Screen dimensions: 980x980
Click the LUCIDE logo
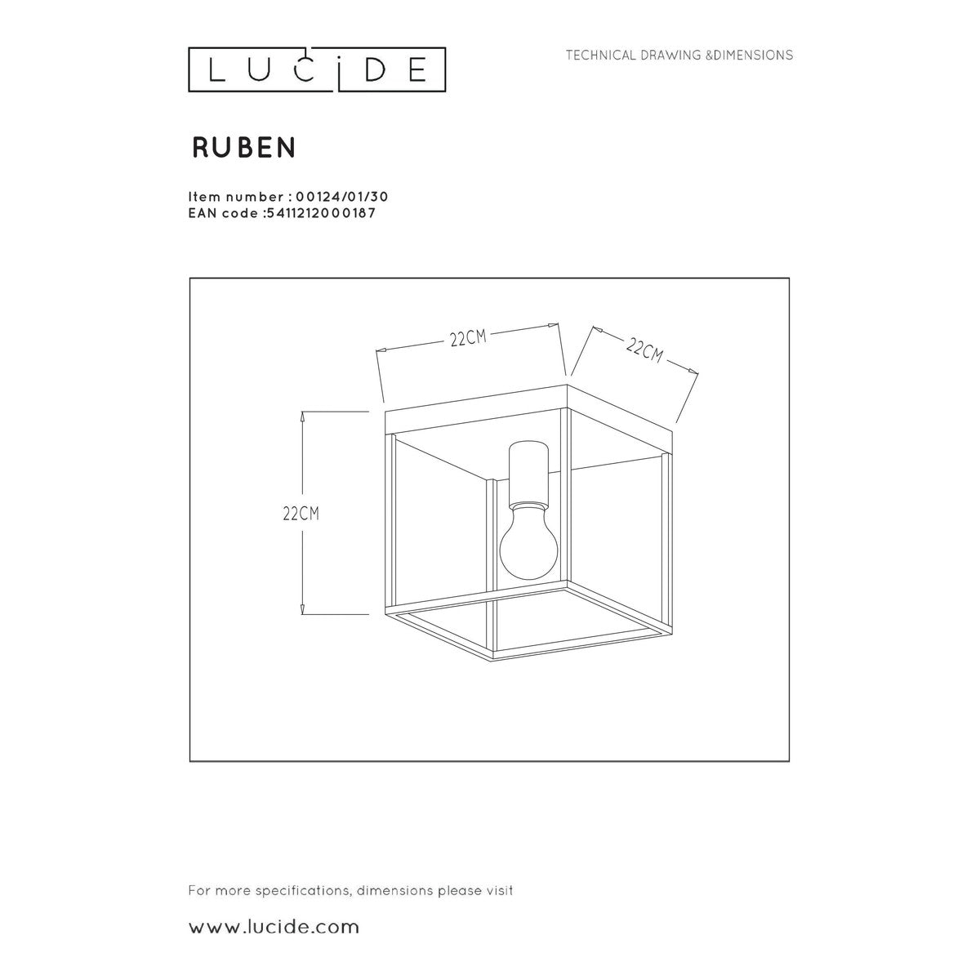[317, 69]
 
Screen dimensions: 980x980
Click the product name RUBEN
[244, 148]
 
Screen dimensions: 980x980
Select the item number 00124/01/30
[341, 197]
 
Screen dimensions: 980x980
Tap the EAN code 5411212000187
[321, 213]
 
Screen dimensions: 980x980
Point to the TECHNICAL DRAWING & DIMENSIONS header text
[679, 55]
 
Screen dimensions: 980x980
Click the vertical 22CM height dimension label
[301, 514]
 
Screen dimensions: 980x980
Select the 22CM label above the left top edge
[468, 337]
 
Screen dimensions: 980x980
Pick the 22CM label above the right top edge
[644, 351]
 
